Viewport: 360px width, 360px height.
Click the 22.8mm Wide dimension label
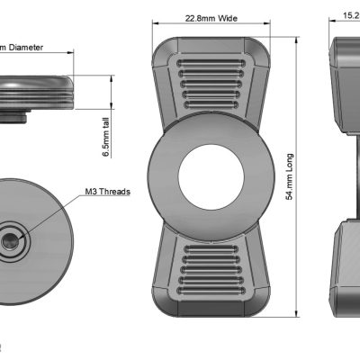pos(211,18)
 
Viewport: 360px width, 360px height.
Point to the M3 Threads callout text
pos(107,192)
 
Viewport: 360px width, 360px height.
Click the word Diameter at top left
pos(27,47)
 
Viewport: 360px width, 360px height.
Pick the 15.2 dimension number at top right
pos(348,15)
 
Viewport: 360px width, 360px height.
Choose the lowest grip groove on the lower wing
pos(211,292)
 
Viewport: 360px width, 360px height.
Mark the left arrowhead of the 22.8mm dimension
pos(157,25)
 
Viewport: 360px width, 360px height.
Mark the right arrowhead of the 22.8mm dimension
pos(268,25)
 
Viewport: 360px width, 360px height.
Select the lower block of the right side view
pos(346,270)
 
